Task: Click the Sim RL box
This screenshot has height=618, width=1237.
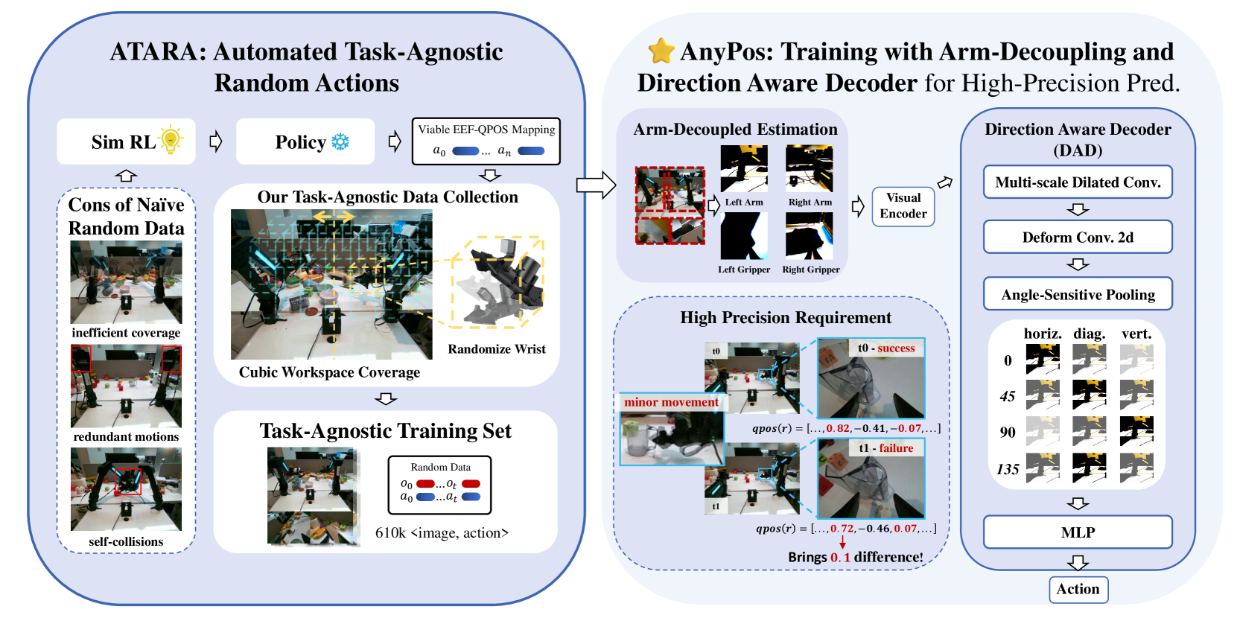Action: click(125, 141)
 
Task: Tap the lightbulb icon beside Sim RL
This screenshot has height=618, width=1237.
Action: click(171, 139)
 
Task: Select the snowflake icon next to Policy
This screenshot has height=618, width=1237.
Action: click(340, 141)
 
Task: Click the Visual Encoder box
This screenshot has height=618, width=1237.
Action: click(903, 206)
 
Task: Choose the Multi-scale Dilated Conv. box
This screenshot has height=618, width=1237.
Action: click(1078, 182)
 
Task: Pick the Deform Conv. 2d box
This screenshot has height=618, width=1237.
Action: click(1078, 238)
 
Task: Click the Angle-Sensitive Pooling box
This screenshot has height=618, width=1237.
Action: click(1078, 294)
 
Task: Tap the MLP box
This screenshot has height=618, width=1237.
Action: click(1078, 532)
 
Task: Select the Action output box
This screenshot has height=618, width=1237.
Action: click(1078, 589)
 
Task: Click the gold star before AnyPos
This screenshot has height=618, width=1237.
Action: click(661, 51)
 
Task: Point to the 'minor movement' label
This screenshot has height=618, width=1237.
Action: click(671, 402)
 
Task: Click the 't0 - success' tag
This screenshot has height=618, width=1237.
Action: click(886, 348)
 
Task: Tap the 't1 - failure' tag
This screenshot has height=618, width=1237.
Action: click(886, 448)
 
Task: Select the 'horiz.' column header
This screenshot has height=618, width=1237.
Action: click(1043, 334)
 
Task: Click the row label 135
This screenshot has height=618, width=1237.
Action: click(1008, 470)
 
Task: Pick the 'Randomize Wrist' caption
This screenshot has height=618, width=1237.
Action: click(497, 349)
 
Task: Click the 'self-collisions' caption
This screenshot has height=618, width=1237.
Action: click(126, 542)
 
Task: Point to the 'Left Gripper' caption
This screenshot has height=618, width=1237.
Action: click(744, 270)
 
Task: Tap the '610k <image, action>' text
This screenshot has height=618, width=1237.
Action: click(442, 533)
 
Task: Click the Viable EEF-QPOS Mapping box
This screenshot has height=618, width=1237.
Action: click(486, 141)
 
